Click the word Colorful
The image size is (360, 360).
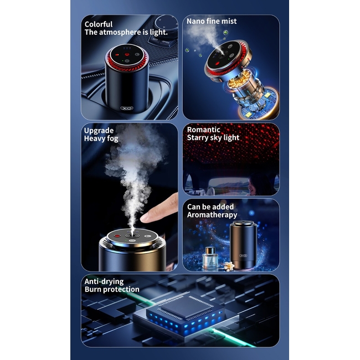(99, 24)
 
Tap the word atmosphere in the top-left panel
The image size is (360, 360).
(120, 32)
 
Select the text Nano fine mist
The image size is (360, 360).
(212, 21)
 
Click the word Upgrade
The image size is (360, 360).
(99, 131)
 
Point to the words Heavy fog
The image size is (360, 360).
(101, 138)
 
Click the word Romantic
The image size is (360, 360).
(203, 130)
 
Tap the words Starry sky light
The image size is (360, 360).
(213, 137)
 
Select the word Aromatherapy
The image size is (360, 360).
(212, 215)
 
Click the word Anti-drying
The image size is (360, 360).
(104, 281)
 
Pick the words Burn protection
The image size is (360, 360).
(112, 289)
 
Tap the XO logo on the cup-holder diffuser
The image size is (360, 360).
(127, 108)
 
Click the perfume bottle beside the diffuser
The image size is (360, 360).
(210, 258)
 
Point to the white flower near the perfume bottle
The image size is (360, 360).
(229, 266)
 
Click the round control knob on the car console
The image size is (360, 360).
(166, 23)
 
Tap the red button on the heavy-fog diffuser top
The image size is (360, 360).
(117, 236)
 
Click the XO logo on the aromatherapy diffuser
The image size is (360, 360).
(243, 255)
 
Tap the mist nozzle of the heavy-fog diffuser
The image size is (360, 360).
(132, 236)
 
